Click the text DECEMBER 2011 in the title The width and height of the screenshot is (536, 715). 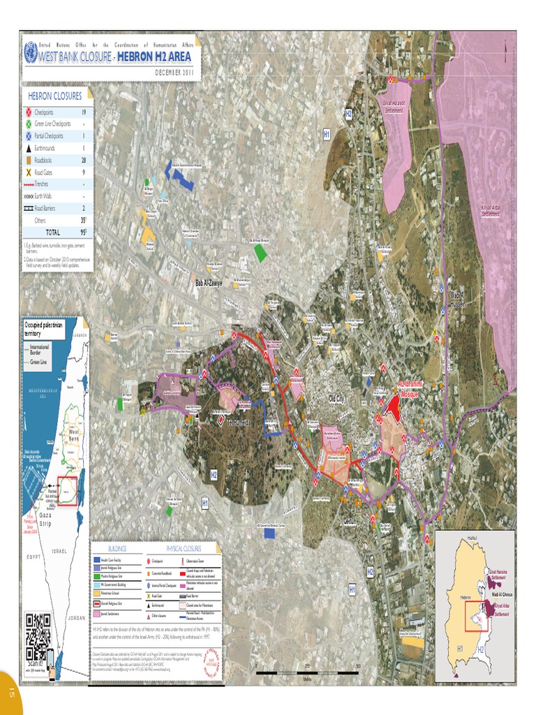point(174,73)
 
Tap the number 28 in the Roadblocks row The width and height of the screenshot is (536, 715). point(83,160)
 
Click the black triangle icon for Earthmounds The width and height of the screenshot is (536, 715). point(29,148)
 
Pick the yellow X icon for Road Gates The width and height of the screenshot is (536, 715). point(29,172)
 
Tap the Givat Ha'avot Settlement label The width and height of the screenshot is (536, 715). point(394,108)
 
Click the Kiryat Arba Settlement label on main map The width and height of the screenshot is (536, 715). point(491,210)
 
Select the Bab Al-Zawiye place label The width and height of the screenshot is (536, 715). point(209,283)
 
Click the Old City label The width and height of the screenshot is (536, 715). point(337,399)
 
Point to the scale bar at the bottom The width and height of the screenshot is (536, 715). point(308,673)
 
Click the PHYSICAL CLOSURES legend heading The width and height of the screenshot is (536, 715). point(184,549)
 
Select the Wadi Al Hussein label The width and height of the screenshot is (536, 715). point(457,299)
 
